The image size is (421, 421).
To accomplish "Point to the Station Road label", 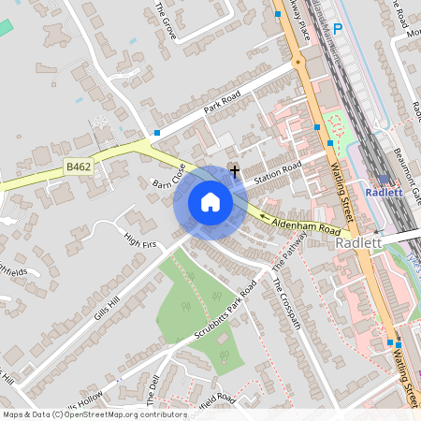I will (277, 172).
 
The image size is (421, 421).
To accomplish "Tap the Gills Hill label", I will (108, 306).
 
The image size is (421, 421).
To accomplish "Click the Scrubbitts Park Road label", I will (225, 309).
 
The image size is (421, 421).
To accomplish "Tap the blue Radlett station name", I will (385, 193).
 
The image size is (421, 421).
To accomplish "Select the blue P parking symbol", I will (338, 29).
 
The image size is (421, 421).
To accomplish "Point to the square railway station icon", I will (384, 179).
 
